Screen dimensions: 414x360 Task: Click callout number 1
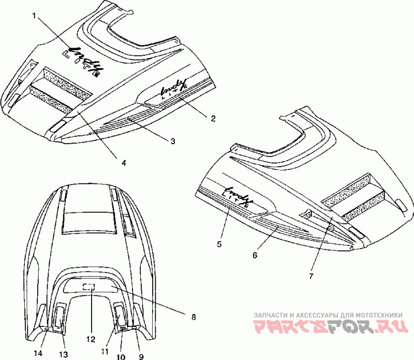pyautogui.click(x=34, y=16)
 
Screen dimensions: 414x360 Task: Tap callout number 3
pyautogui.click(x=173, y=140)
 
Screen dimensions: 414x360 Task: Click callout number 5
pyautogui.click(x=219, y=243)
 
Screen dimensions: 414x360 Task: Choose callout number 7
pyautogui.click(x=310, y=276)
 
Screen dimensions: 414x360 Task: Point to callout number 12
pyautogui.click(x=91, y=340)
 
